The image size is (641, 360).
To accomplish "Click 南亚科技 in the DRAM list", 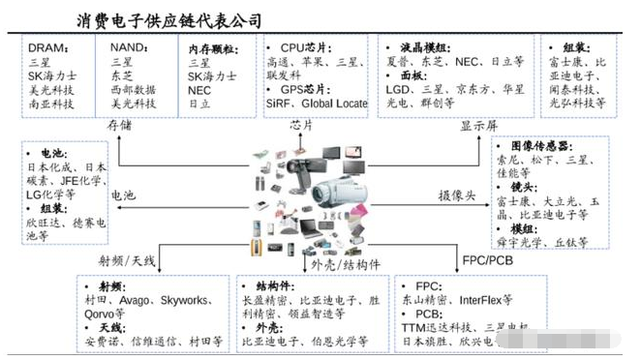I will click(52, 104).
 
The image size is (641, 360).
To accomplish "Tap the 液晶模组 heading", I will click(423, 45).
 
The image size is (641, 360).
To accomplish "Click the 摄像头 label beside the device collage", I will click(458, 195).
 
